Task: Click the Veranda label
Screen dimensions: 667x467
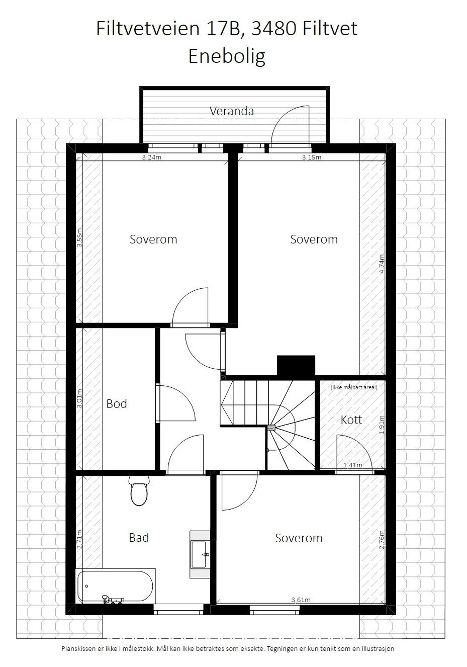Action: pyautogui.click(x=231, y=111)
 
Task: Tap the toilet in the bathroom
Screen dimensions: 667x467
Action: pyautogui.click(x=138, y=491)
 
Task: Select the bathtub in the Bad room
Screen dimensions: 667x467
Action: pyautogui.click(x=115, y=586)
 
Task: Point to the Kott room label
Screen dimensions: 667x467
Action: pyautogui.click(x=351, y=420)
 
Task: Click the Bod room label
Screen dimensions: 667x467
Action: pyautogui.click(x=117, y=404)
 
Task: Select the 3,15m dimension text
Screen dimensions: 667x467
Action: pyautogui.click(x=311, y=157)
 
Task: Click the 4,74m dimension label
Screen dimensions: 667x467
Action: pyautogui.click(x=382, y=264)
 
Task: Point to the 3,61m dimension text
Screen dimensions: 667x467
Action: pyautogui.click(x=301, y=600)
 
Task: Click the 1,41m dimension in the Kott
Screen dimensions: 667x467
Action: pyautogui.click(x=352, y=465)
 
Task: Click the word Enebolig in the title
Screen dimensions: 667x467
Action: pyautogui.click(x=227, y=56)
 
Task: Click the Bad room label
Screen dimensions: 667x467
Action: pyautogui.click(x=139, y=538)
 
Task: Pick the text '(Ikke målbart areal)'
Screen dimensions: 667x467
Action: pyautogui.click(x=354, y=387)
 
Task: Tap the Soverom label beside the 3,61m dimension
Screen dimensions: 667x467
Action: pyautogui.click(x=299, y=538)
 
